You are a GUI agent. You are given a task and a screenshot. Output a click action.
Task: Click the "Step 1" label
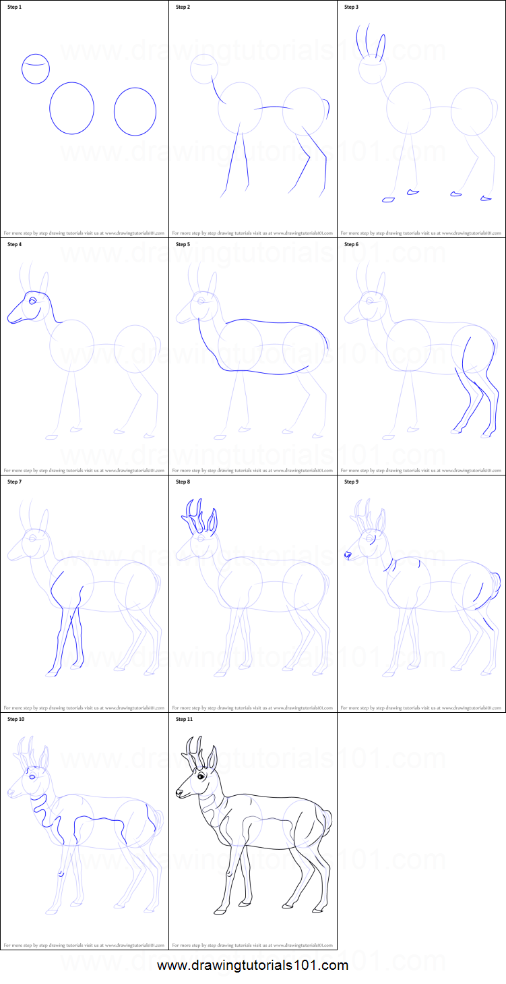[x=14, y=7]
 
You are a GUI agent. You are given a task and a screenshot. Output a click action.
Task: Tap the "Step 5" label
[x=183, y=244]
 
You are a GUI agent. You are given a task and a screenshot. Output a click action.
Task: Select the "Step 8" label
[x=183, y=482]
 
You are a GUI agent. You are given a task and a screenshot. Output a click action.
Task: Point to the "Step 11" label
[x=184, y=720]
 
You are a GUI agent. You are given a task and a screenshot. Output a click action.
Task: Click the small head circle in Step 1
[x=36, y=69]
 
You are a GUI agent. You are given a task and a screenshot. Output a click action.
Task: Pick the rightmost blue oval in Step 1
[x=135, y=111]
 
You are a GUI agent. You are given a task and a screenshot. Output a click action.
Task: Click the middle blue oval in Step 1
[x=71, y=108]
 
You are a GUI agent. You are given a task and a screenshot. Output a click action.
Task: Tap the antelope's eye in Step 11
[x=201, y=776]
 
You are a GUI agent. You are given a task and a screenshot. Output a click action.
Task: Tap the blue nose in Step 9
[x=348, y=554]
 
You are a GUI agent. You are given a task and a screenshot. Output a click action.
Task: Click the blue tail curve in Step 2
[x=327, y=108]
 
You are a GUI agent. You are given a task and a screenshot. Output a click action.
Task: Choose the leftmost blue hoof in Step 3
[x=387, y=200]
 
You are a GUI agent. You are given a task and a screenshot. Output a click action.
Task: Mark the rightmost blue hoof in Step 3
[x=486, y=198]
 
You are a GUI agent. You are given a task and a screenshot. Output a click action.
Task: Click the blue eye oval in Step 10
[x=32, y=775]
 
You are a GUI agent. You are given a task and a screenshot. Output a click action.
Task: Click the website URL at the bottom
[x=253, y=965]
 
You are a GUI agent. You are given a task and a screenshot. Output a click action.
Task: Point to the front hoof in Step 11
[x=220, y=911]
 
